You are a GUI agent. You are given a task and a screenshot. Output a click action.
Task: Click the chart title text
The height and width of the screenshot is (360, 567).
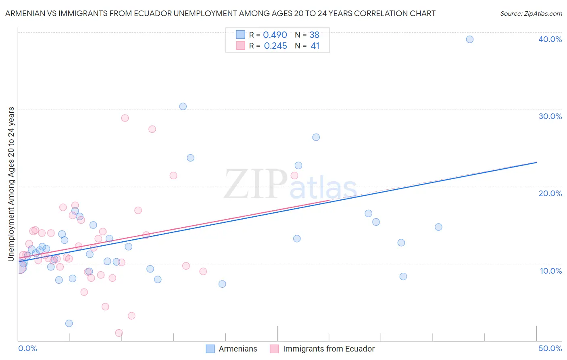tap(220, 13)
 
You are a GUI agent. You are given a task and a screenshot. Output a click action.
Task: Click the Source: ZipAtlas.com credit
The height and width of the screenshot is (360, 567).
tap(531, 13)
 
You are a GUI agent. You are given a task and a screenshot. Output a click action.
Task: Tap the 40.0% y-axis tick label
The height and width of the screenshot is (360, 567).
tap(550, 39)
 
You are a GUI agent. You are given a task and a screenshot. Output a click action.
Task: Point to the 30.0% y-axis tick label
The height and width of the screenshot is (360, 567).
tap(550, 116)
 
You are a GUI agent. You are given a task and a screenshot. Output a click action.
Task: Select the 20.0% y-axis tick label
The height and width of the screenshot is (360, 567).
tap(550, 193)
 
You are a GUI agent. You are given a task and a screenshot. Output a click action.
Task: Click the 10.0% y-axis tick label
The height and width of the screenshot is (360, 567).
tap(550, 271)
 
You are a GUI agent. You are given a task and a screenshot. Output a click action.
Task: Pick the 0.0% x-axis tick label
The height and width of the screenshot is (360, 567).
tap(27, 348)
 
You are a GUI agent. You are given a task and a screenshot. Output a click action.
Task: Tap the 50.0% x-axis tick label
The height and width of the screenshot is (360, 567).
tap(550, 348)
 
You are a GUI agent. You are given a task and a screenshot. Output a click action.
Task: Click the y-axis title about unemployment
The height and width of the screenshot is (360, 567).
tap(11, 184)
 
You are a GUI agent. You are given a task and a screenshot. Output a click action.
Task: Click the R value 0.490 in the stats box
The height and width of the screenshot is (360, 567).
tap(275, 35)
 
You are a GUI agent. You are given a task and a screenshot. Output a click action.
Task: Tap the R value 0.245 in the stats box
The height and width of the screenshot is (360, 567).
tap(275, 46)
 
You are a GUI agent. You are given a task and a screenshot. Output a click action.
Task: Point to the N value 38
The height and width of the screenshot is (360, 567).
tap(315, 35)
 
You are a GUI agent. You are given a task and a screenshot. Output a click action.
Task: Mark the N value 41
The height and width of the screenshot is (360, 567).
tap(315, 46)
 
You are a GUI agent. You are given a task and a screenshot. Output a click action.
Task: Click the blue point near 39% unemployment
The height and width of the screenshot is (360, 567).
tap(469, 39)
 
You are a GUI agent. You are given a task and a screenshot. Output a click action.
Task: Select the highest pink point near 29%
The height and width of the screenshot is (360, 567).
tap(125, 118)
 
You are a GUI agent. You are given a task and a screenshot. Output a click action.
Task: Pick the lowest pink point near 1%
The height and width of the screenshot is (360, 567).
tap(119, 333)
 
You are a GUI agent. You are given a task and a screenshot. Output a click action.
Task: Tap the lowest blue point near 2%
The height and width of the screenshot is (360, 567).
tap(69, 323)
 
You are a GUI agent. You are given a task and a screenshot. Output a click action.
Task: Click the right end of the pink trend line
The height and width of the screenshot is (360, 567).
tap(329, 200)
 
